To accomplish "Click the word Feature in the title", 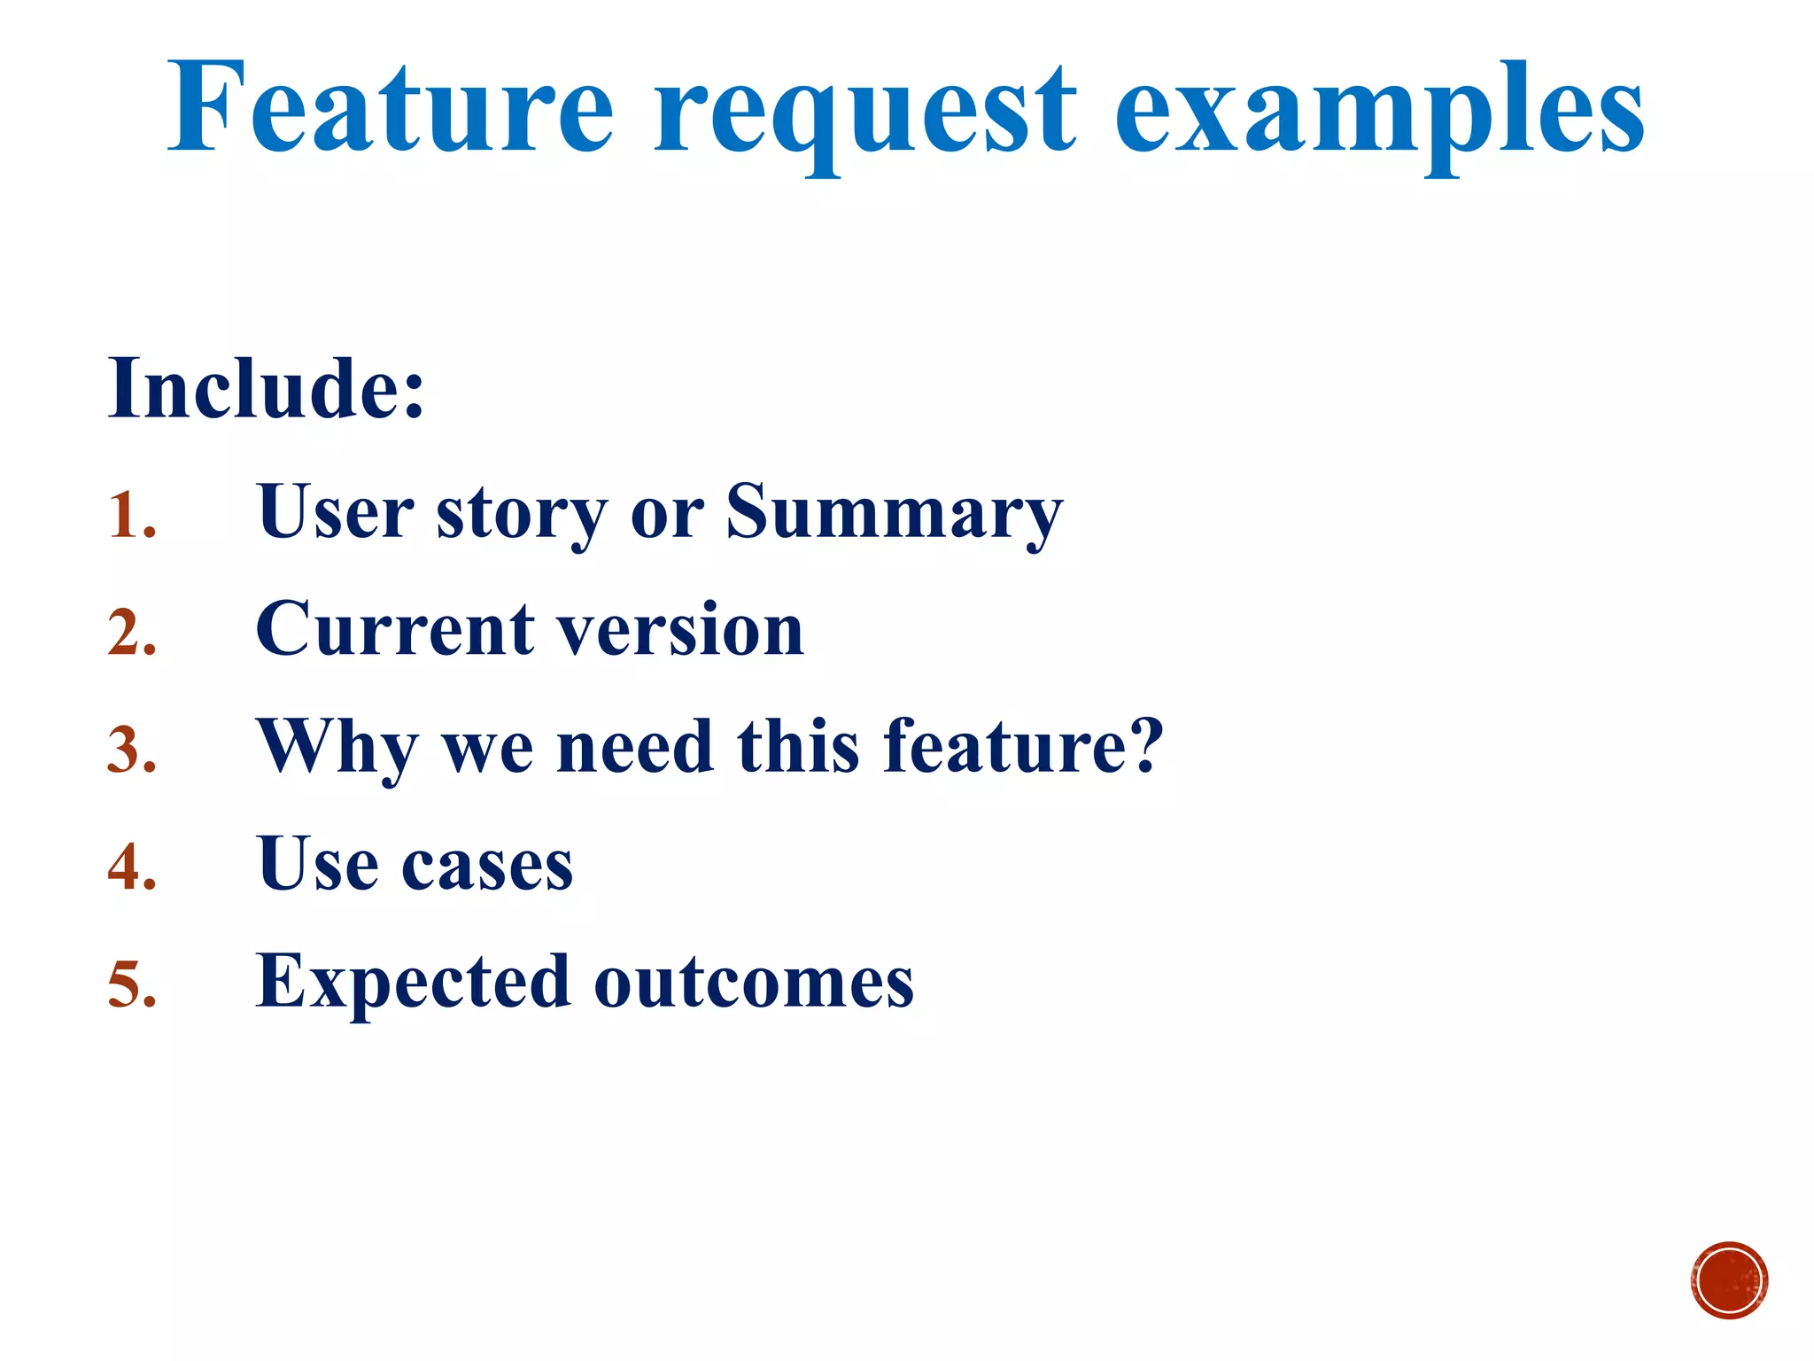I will point(390,108).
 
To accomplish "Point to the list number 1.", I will point(131,515).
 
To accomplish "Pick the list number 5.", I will point(132,984).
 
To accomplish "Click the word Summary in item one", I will point(895,514).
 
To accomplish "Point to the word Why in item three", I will point(337,749).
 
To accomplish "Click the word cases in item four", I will point(487,865).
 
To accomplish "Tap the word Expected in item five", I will point(413,982).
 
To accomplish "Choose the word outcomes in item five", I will point(754,982).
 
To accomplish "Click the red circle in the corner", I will point(1728,1280).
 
